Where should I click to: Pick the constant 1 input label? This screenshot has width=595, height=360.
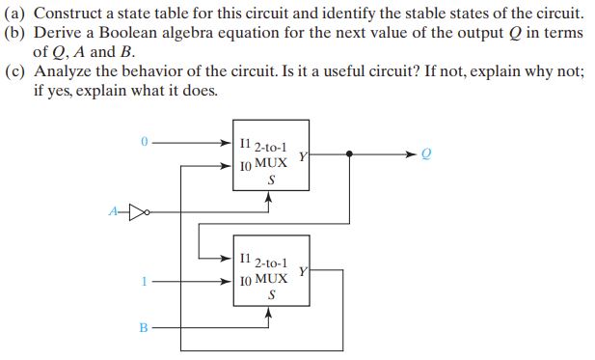(143, 282)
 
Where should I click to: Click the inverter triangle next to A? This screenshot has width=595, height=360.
(136, 208)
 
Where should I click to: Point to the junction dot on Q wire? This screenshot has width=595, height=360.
(349, 152)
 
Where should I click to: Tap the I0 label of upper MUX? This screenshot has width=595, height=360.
(244, 166)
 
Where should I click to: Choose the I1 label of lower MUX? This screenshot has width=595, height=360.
(244, 259)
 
